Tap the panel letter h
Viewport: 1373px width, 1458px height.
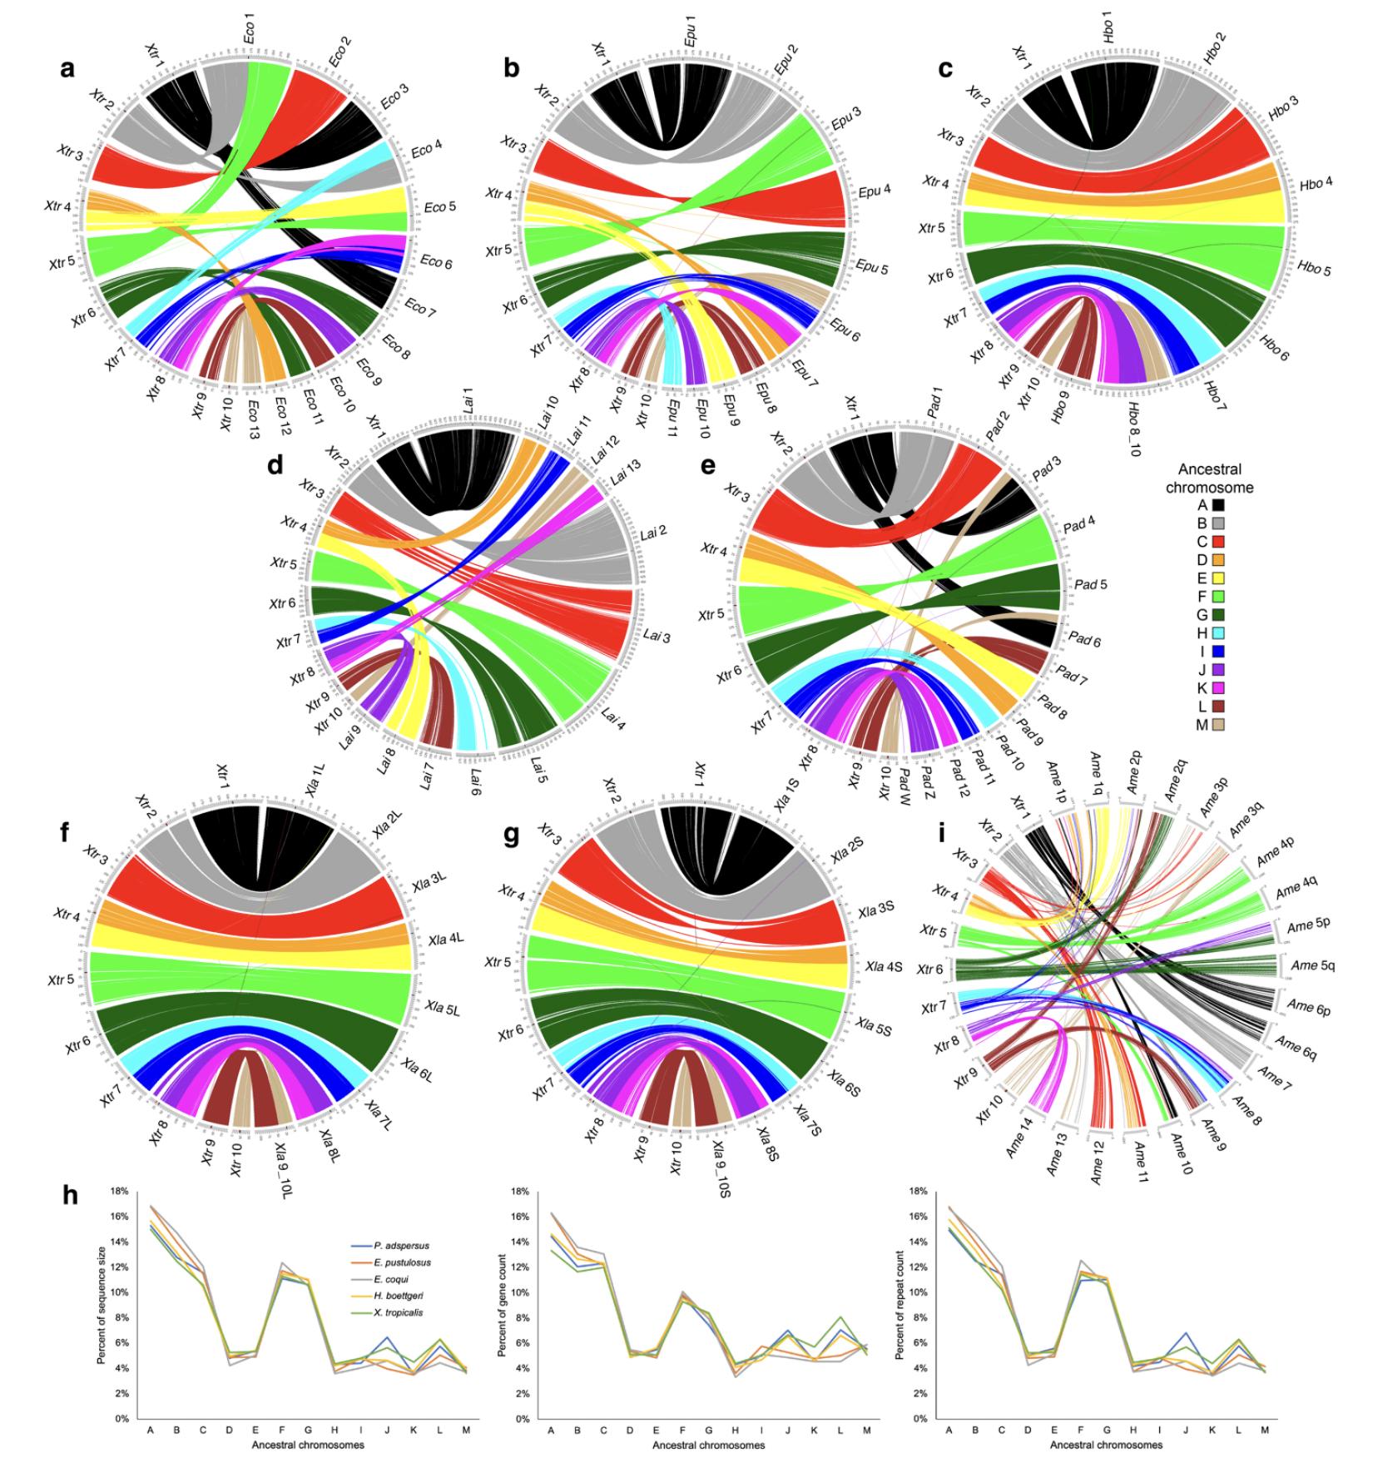pos(73,1195)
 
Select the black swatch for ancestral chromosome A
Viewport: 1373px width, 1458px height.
pos(1217,504)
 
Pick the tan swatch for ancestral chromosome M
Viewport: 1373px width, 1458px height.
pos(1217,725)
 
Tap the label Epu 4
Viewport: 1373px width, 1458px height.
pos(875,190)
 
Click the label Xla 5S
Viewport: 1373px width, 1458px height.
pos(875,1030)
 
